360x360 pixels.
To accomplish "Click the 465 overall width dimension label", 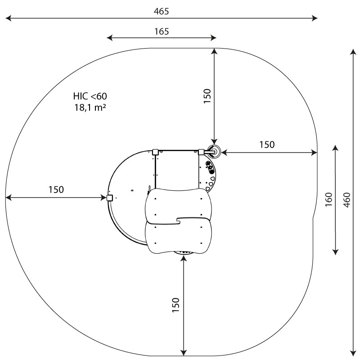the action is click(161, 11).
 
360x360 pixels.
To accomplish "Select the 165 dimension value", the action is click(162, 31).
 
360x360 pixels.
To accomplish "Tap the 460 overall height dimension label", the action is click(347, 200).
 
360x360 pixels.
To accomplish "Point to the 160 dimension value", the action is click(329, 199).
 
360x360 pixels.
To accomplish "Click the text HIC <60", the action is click(90, 96).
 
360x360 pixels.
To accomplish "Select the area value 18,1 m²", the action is click(90, 107).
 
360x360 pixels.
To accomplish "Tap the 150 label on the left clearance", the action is click(56, 189).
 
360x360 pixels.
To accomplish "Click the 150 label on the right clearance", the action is click(267, 144).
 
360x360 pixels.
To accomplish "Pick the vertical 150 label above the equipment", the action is click(207, 96).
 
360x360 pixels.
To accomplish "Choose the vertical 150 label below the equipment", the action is click(175, 305).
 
